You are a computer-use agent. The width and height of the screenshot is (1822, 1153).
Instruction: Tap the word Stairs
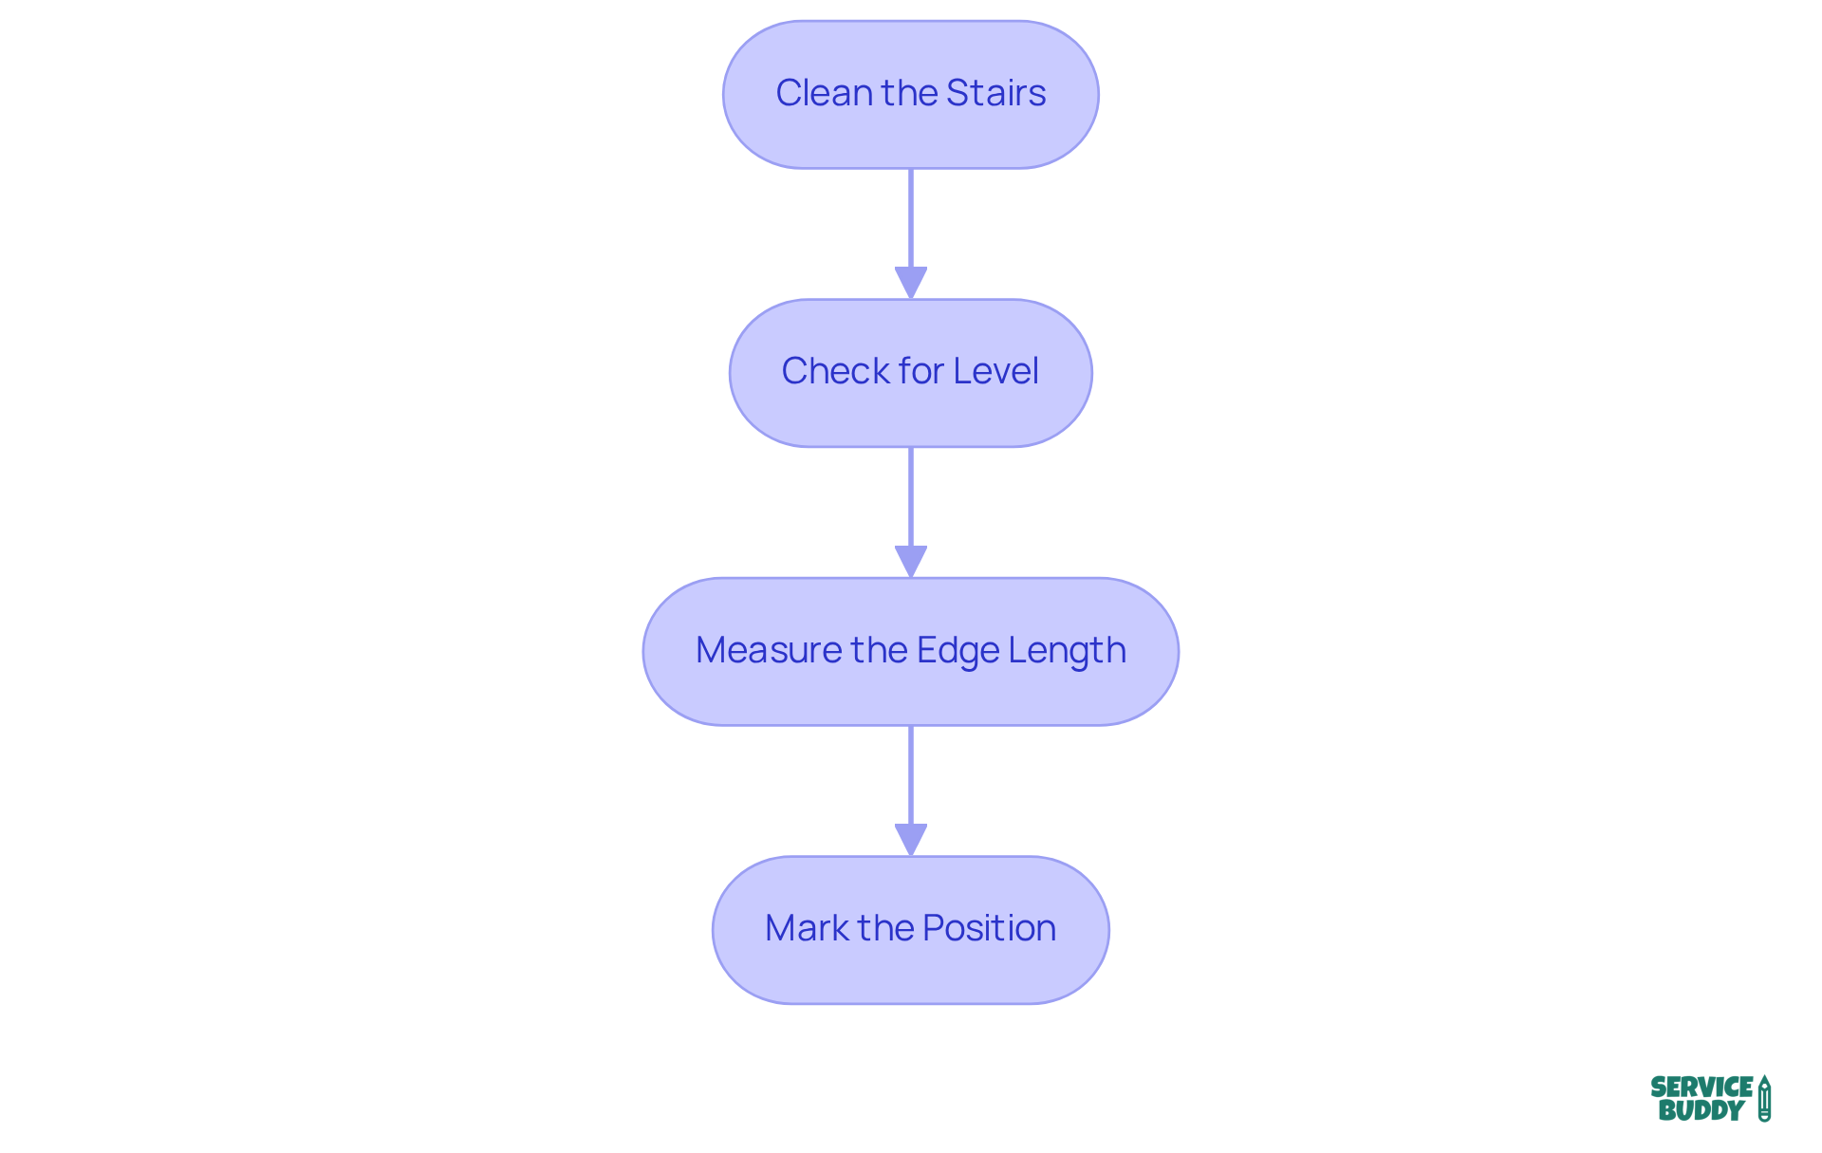pos(995,93)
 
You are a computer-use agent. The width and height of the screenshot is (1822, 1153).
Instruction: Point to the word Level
pos(995,371)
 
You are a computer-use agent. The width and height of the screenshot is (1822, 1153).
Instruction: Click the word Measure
pos(769,650)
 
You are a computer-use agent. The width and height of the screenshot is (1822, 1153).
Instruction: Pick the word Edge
pos(957,651)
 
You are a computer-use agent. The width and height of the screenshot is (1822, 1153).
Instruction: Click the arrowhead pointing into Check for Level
pos(911,283)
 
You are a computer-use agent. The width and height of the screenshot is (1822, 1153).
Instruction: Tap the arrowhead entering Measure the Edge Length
pos(911,561)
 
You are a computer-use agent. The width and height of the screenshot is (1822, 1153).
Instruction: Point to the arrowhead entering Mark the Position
pos(911,840)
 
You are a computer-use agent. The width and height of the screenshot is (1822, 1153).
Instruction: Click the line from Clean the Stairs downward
pos(911,218)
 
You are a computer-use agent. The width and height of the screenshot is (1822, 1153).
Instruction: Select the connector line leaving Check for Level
pos(911,496)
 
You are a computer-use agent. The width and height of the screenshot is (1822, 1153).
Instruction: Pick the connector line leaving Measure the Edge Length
pos(911,774)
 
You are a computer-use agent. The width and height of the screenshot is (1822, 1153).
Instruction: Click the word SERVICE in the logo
pos(1701,1087)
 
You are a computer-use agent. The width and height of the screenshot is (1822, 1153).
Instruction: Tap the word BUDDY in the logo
pos(1701,1110)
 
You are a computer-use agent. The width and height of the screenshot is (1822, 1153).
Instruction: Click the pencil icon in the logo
pos(1764,1099)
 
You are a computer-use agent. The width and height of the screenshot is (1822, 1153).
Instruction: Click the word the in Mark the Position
pos(885,928)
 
